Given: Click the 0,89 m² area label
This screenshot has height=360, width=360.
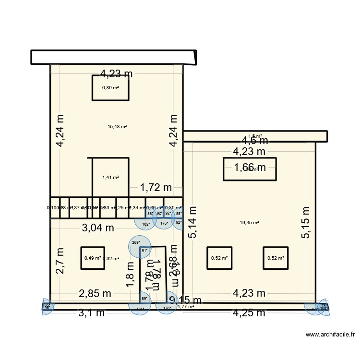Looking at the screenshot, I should pyautogui.click(x=110, y=88).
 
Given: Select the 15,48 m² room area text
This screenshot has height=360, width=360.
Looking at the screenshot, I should pyautogui.click(x=117, y=127).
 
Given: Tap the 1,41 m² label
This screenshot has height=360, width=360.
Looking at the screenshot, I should pyautogui.click(x=110, y=178).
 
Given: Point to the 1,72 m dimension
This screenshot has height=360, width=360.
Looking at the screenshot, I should pyautogui.click(x=156, y=188).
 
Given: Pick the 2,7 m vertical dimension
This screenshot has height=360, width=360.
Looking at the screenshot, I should pyautogui.click(x=60, y=261).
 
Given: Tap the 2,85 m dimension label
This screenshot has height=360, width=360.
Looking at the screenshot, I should pyautogui.click(x=95, y=293).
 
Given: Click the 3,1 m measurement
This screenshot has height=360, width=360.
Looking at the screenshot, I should pyautogui.click(x=92, y=313).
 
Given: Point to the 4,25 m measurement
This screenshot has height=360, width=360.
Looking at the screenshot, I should pyautogui.click(x=249, y=313).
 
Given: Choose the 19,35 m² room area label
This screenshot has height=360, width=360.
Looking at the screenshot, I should pyautogui.click(x=249, y=223).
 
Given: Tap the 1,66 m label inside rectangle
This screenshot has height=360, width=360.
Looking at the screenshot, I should pyautogui.click(x=250, y=168).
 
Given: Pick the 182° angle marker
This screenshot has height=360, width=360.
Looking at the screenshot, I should pyautogui.click(x=145, y=224).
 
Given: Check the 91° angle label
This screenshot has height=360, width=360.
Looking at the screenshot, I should pyautogui.click(x=144, y=250).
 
